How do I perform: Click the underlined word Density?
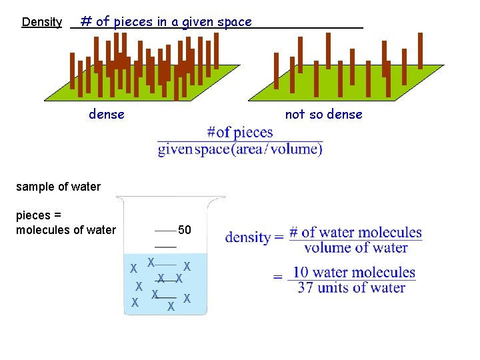point(42,22)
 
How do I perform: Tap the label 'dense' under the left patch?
point(107,114)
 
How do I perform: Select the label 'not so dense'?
point(323,114)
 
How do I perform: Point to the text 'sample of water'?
point(58,187)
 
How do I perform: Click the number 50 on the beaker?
point(185,231)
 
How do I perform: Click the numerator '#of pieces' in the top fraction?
point(240,132)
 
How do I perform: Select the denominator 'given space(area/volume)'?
point(240,149)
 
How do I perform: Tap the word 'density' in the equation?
point(247,237)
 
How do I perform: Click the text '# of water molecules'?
point(355,233)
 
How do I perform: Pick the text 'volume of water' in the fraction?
point(356,248)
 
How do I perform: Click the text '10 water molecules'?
point(354,272)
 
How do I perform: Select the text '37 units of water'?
point(352,288)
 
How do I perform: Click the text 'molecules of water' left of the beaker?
point(66,231)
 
